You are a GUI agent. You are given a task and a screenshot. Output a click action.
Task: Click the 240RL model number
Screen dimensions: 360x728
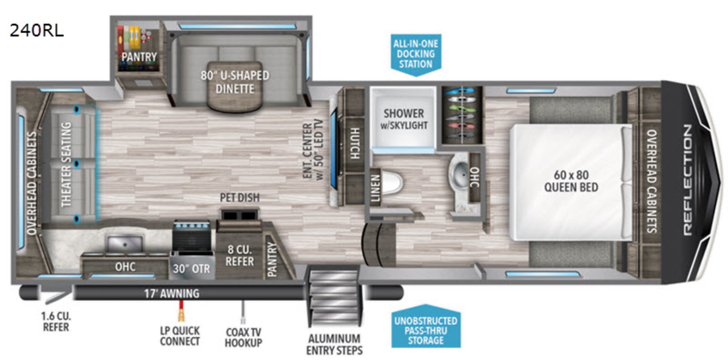(36, 30)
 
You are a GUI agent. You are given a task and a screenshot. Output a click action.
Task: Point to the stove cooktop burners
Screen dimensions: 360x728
(192, 234)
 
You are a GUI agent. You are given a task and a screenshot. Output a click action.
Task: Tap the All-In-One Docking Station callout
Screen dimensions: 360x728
(416, 54)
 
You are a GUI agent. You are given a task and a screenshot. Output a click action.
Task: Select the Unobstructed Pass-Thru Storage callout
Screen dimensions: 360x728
(425, 328)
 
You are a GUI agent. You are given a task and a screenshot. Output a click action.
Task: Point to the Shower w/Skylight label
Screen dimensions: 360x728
(403, 120)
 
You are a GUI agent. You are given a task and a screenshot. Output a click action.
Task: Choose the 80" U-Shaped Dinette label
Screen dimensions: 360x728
(235, 83)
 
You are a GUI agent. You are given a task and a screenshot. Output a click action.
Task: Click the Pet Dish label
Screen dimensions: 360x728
(240, 199)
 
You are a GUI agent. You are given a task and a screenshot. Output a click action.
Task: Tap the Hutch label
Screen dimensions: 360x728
(353, 143)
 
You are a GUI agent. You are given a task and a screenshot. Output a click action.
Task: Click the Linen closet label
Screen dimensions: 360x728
(376, 189)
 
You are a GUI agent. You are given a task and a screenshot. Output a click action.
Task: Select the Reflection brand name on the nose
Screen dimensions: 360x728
(687, 180)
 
